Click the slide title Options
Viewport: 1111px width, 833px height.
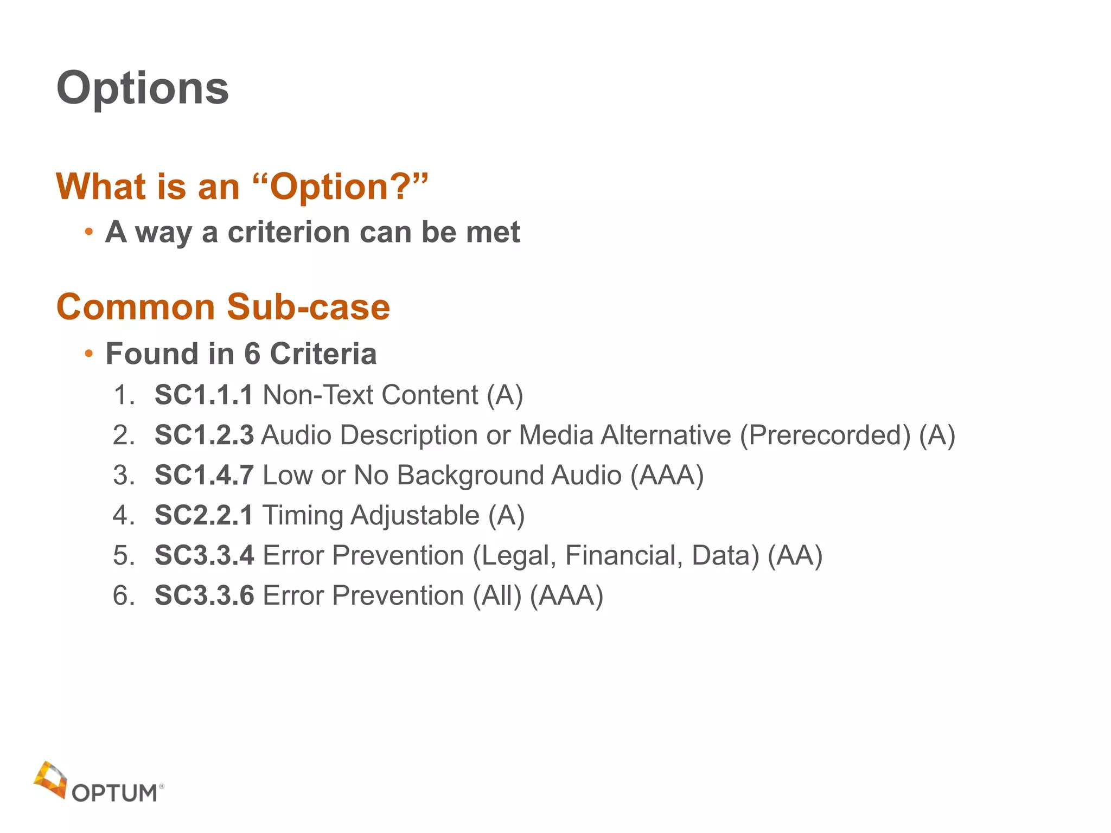point(143,88)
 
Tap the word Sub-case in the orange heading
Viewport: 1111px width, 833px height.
point(308,307)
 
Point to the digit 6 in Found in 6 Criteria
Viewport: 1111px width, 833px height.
point(252,354)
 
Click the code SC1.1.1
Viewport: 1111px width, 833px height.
point(203,395)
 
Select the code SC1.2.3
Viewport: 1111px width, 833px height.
point(203,435)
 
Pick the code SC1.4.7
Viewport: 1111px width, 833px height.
point(203,475)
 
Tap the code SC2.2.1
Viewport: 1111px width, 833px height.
point(203,515)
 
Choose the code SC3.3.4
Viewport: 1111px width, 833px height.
point(203,555)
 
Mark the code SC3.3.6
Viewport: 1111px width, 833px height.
point(203,595)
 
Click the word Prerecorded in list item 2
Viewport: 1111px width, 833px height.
point(825,435)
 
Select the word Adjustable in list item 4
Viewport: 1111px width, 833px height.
point(415,515)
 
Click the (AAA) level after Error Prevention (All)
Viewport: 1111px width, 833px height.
point(566,595)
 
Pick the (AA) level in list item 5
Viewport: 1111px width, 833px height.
point(795,555)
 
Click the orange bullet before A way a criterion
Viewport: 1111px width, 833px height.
point(89,233)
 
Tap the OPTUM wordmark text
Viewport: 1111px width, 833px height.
point(115,793)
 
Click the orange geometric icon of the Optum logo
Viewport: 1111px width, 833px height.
point(50,779)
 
